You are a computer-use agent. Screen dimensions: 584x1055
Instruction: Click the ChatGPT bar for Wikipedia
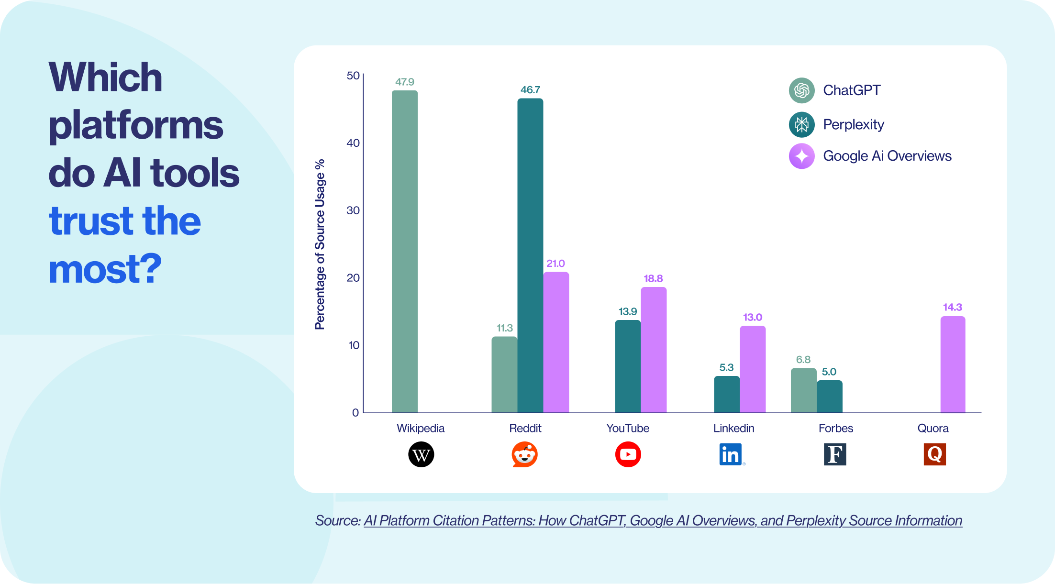pos(404,251)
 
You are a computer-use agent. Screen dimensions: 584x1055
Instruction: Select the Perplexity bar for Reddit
pos(530,255)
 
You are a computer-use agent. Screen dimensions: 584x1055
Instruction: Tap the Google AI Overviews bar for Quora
pos(953,364)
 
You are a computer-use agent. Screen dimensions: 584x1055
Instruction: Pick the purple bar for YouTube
pos(654,350)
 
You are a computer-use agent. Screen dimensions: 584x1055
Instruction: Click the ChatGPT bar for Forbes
pos(803,390)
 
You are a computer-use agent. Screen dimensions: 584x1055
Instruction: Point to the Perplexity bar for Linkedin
pos(727,394)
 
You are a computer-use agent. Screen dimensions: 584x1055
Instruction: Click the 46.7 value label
pos(530,90)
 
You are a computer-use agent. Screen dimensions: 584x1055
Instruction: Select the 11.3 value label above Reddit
pos(504,328)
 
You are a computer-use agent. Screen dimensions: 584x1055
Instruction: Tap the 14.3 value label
pos(952,307)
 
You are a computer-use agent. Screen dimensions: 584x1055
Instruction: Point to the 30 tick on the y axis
pos(353,210)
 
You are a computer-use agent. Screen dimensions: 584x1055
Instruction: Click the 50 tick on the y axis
pos(353,76)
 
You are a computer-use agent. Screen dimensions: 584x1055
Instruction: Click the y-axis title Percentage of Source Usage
pos(320,244)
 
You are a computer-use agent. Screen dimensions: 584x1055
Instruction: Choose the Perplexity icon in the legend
pos(801,124)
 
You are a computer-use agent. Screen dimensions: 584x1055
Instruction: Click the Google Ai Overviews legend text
pos(887,156)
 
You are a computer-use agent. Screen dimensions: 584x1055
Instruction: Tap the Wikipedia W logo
pos(421,454)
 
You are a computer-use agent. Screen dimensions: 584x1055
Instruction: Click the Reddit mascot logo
pos(525,454)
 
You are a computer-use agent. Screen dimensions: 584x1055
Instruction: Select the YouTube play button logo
pos(628,454)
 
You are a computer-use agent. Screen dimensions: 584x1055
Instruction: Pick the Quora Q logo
pos(934,454)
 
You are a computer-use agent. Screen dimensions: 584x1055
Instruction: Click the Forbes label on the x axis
pos(835,428)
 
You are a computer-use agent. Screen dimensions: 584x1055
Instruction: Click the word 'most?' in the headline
pos(105,269)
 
